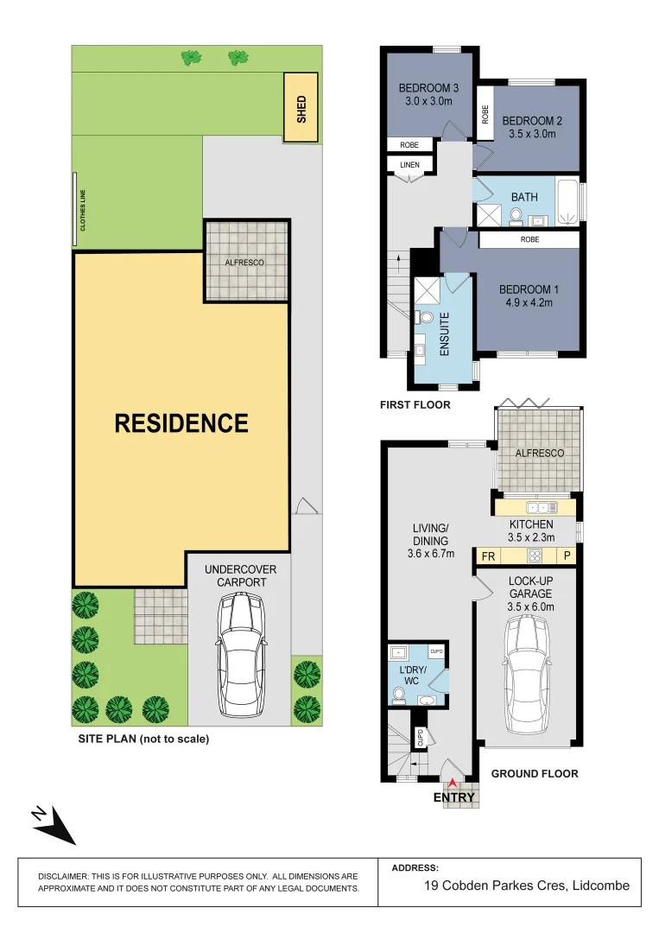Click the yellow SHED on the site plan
click(x=301, y=108)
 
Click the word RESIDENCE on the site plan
click(x=181, y=423)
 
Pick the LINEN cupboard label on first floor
click(x=409, y=165)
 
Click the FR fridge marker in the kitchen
click(x=488, y=556)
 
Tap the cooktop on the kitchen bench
click(x=534, y=556)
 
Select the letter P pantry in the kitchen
click(x=567, y=556)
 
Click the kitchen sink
click(x=542, y=507)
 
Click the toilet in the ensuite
click(x=423, y=318)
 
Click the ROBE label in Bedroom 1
click(x=529, y=239)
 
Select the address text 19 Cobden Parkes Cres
click(x=527, y=885)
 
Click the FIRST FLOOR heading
click(x=415, y=404)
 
